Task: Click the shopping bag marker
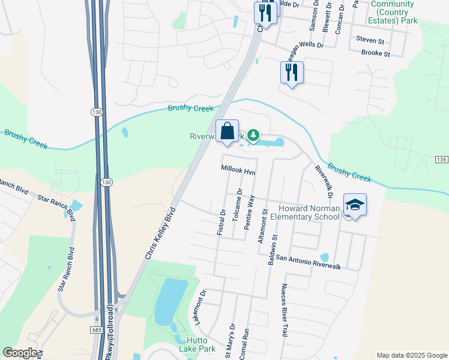click(227, 131)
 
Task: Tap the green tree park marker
click(254, 136)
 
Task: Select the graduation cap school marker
click(355, 205)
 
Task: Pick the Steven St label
click(370, 41)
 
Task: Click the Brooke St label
click(376, 53)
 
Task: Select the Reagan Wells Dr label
click(302, 45)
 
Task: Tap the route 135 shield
click(441, 159)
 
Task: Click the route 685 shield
click(98, 330)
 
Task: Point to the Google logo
click(20, 353)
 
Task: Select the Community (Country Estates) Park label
click(393, 12)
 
